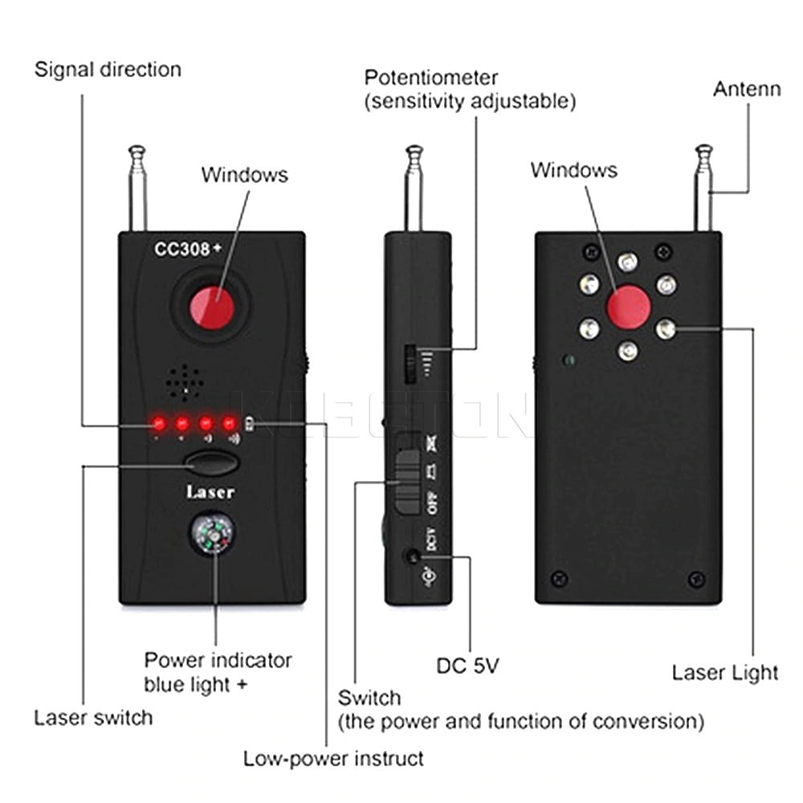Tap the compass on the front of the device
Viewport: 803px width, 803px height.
click(214, 535)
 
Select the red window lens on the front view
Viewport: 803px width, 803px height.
click(211, 307)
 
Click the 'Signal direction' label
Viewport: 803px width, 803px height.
click(108, 69)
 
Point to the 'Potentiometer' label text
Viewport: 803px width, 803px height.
click(431, 78)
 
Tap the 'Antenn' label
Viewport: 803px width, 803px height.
click(747, 88)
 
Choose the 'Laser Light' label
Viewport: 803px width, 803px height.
click(725, 672)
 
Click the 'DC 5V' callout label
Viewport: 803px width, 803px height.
click(473, 666)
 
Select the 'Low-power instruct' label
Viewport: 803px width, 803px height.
click(333, 758)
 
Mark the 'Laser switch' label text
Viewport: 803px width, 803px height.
click(93, 717)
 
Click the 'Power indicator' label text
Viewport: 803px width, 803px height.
click(218, 661)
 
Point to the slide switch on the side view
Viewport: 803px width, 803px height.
click(408, 480)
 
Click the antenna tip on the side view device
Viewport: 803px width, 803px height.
click(414, 151)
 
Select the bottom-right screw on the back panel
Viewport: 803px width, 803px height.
click(696, 578)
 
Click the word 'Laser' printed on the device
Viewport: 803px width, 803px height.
click(210, 491)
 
